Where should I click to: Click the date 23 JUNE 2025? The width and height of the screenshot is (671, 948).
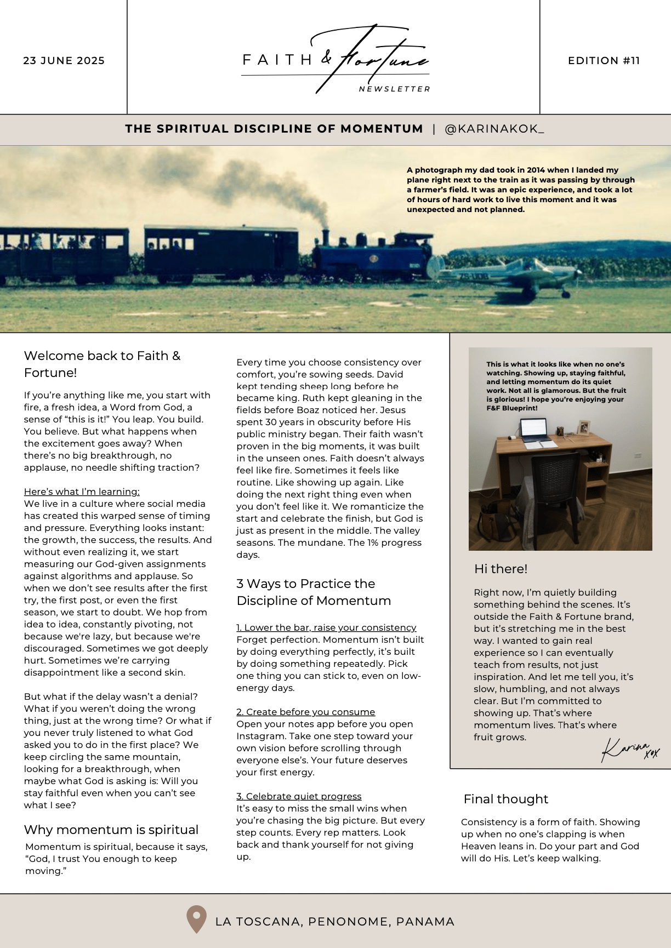(64, 61)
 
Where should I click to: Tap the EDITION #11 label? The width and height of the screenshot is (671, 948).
(604, 61)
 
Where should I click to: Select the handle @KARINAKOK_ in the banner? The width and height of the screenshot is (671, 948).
(494, 129)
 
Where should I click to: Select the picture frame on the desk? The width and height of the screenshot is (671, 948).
(584, 427)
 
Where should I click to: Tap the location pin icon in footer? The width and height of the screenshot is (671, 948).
(196, 919)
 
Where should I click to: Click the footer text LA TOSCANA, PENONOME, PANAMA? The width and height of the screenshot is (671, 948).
(334, 922)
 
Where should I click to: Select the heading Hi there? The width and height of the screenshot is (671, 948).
(501, 569)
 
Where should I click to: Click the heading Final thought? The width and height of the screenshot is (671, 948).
(505, 799)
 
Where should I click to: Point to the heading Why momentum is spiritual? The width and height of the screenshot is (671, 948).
(111, 830)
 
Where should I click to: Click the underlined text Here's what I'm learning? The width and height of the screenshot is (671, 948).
(82, 492)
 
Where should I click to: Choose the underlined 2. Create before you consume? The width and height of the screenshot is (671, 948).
(305, 712)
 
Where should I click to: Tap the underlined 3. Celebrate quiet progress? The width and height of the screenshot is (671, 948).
(299, 796)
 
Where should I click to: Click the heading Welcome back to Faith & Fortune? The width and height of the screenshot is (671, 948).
(102, 364)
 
